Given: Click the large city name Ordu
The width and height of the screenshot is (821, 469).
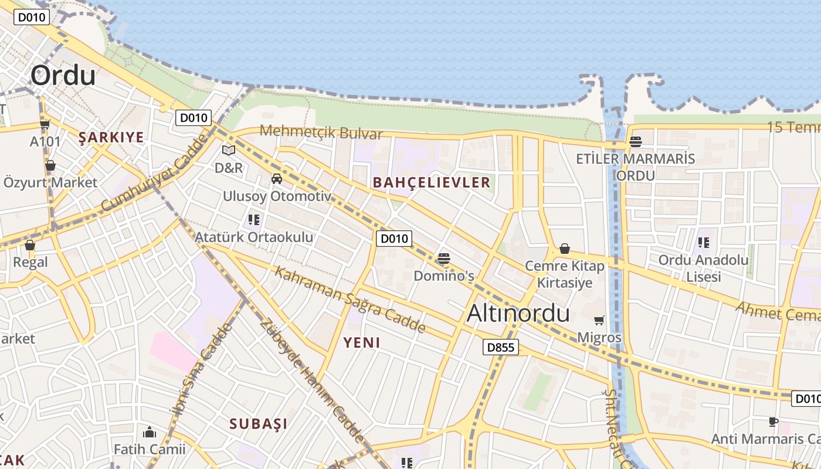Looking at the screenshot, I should click(63, 76).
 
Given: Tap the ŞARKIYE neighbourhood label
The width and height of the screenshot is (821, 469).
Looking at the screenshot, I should click(111, 138).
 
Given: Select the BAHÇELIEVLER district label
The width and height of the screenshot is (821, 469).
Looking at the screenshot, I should click(432, 182).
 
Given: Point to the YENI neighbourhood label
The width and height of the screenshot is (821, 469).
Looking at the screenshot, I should click(362, 342).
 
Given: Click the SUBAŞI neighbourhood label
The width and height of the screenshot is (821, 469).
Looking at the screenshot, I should click(259, 424).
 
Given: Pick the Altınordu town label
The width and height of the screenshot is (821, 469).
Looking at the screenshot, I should click(518, 314).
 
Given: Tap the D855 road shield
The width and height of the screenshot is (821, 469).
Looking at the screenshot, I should click(501, 348).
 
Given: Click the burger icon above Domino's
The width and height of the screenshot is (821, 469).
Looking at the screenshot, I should click(443, 259).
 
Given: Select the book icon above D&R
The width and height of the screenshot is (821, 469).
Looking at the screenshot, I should click(228, 151).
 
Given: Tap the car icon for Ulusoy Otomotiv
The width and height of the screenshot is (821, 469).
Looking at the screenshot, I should click(277, 179).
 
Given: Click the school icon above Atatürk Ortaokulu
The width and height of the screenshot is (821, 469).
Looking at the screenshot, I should click(254, 220).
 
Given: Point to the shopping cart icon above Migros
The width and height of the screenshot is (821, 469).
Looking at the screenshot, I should click(599, 321).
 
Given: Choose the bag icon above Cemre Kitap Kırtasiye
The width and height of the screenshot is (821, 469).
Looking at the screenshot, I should click(564, 249).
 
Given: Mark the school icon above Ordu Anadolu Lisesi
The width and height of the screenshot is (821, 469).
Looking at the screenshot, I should click(704, 242).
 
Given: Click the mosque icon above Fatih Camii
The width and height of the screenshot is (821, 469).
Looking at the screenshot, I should click(150, 433).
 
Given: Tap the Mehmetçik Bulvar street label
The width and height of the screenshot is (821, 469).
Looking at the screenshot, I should click(321, 132).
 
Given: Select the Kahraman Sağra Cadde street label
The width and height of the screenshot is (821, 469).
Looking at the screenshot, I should click(350, 300).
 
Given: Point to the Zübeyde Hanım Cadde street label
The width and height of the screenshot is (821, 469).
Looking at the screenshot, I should click(311, 380).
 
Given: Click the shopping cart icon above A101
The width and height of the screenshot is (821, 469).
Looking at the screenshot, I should click(45, 124).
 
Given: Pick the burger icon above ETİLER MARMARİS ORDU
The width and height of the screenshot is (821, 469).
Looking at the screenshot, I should click(635, 141).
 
